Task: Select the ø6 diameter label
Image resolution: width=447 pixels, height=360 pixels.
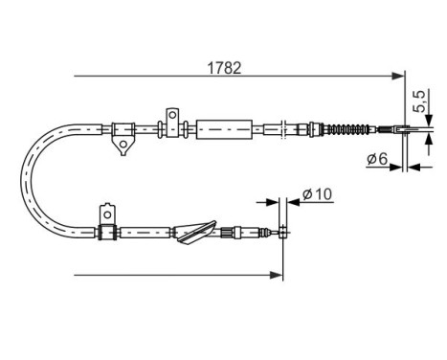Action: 376,160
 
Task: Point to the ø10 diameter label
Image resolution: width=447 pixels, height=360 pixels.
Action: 314,195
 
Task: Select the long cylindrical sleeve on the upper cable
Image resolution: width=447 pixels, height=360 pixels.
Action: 226,127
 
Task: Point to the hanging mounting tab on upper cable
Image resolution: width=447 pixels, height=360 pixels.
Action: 121,145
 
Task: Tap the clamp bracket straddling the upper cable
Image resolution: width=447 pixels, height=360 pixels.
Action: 171,124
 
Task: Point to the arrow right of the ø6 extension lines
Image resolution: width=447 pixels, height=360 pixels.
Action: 416,167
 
